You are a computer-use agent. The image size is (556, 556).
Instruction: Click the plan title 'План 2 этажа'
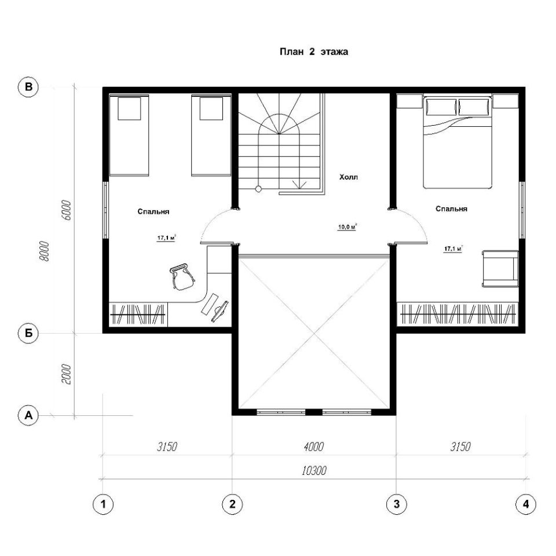pyautogui.click(x=314, y=52)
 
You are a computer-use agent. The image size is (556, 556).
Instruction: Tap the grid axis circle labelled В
pyautogui.click(x=28, y=87)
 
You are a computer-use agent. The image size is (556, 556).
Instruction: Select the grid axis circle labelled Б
pyautogui.click(x=28, y=334)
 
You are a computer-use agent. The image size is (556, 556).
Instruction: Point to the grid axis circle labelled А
pyautogui.click(x=28, y=415)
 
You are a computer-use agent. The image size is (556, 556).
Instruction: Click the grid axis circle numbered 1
pyautogui.click(x=103, y=504)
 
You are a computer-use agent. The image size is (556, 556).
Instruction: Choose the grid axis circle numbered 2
pyautogui.click(x=232, y=504)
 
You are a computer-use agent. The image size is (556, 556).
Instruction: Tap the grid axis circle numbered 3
pyautogui.click(x=396, y=504)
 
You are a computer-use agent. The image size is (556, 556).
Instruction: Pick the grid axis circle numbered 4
pyautogui.click(x=525, y=504)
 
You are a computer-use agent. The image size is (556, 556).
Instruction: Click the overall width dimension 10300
pyautogui.click(x=314, y=471)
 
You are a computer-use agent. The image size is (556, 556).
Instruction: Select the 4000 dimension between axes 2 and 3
pyautogui.click(x=314, y=447)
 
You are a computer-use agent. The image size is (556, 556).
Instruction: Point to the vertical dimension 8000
pyautogui.click(x=44, y=251)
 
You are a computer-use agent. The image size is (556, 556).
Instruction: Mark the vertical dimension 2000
pyautogui.click(x=67, y=374)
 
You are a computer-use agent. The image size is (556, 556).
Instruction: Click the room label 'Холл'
pyautogui.click(x=349, y=177)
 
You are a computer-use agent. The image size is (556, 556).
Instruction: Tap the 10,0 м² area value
pyautogui.click(x=347, y=227)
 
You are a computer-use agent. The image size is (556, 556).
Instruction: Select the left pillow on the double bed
pyautogui.click(x=442, y=107)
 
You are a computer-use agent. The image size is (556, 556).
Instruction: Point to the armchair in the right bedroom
pyautogui.click(x=500, y=268)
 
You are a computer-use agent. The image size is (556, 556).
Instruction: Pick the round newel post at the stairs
pyautogui.click(x=258, y=189)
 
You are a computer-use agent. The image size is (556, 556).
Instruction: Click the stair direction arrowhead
pyautogui.click(x=299, y=184)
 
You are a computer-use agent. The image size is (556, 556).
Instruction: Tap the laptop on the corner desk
pyautogui.click(x=220, y=310)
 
